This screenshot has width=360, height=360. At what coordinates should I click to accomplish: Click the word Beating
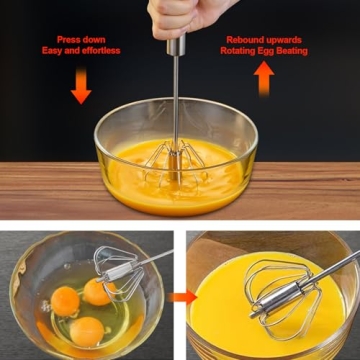click(297, 51)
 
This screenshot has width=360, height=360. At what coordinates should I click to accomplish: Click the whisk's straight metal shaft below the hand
click(179, 90)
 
